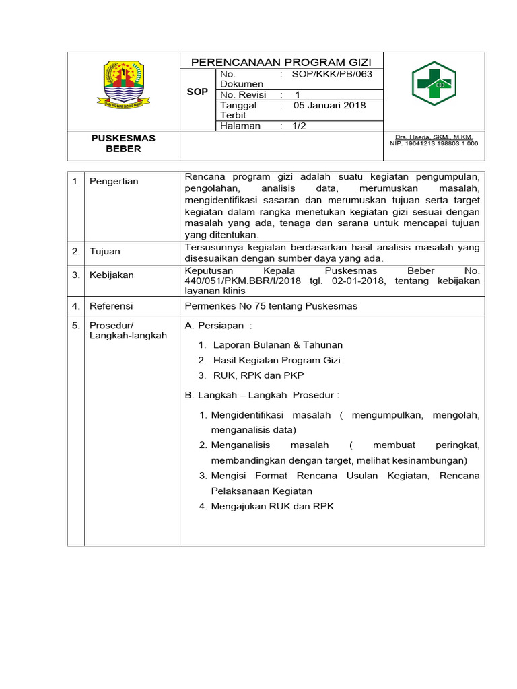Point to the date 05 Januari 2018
[x=329, y=106]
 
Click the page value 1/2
[x=299, y=126]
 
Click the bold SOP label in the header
[x=197, y=91]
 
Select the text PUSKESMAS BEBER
[x=123, y=143]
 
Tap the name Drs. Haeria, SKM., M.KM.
[x=434, y=137]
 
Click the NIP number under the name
[x=434, y=143]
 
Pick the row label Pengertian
[x=114, y=182]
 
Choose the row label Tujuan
[x=105, y=252]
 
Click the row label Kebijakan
[x=112, y=275]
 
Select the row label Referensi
[x=111, y=306]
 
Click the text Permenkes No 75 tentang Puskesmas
[x=271, y=306]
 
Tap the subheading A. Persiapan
[x=218, y=326]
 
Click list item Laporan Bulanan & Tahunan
[x=277, y=344]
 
